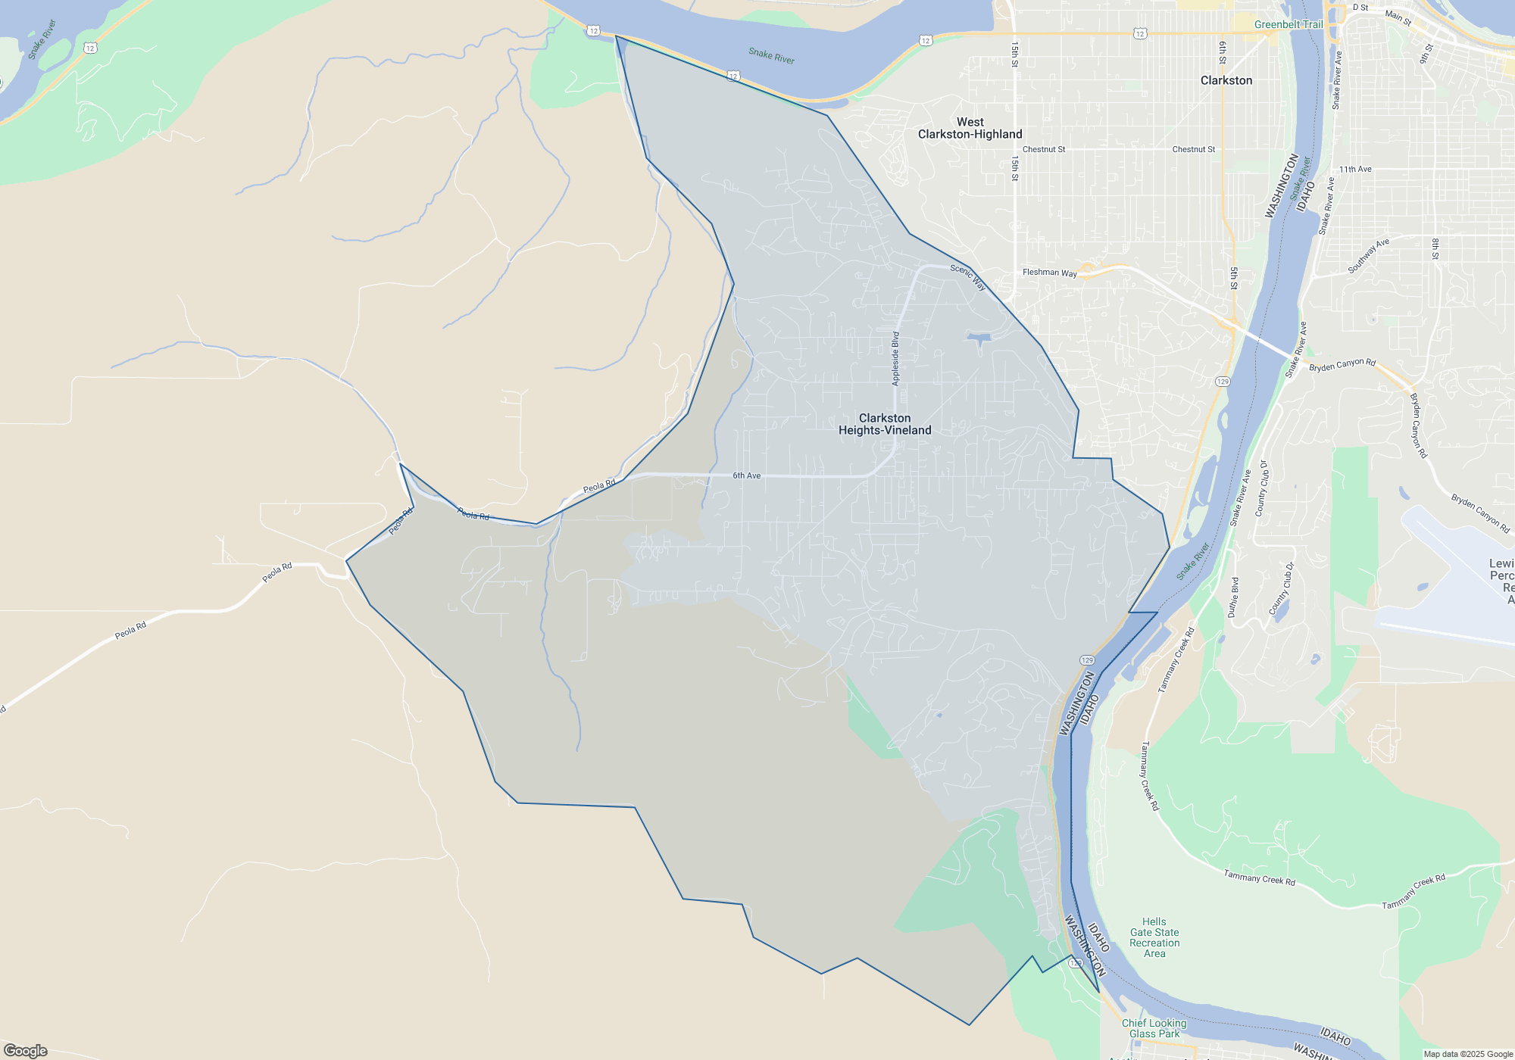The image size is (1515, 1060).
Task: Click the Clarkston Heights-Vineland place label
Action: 885,424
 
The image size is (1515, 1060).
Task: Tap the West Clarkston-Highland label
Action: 970,128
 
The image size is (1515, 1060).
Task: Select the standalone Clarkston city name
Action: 1226,80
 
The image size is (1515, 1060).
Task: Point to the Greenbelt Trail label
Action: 1289,24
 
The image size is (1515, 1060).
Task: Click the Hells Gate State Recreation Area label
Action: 1154,937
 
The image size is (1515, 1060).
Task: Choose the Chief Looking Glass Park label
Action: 1154,1028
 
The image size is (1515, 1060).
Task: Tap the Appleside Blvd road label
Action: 895,359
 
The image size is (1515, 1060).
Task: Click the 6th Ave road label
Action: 746,475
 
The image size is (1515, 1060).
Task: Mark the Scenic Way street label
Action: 968,277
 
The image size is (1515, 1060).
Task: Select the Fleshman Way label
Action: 1049,273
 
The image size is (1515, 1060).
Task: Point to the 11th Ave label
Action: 1355,170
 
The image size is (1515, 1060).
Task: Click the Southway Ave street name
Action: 1369,256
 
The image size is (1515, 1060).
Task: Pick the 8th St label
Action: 1435,249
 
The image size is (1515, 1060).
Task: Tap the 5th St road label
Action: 1234,278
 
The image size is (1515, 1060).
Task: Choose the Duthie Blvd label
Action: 1234,597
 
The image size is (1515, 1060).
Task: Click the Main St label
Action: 1398,17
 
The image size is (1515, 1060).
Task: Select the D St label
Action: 1360,8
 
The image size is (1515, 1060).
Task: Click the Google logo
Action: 26,1051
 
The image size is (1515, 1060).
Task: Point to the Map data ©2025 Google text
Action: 1468,1054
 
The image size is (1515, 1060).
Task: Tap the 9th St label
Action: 1426,53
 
